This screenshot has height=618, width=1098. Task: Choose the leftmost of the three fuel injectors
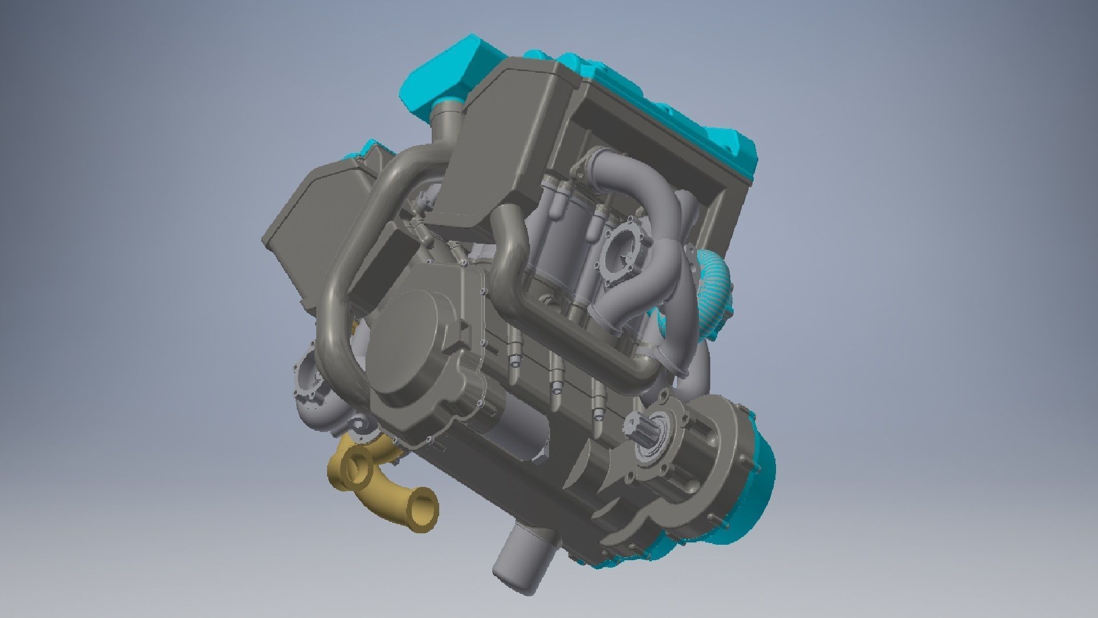[513, 350]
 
